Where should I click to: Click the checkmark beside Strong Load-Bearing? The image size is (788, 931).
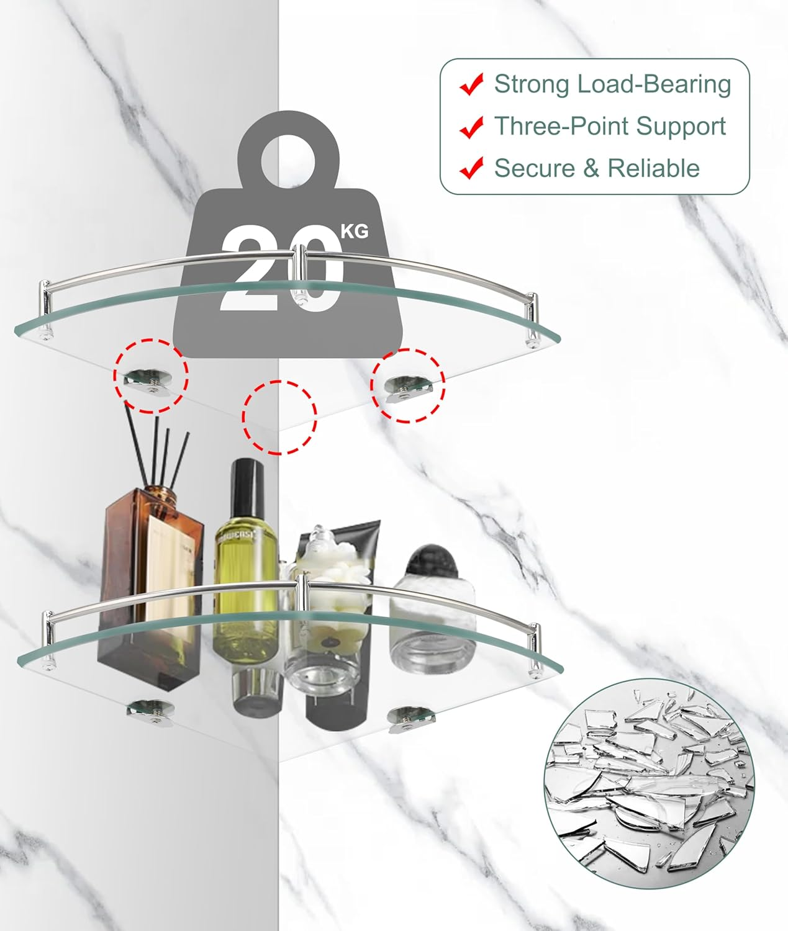pyautogui.click(x=471, y=84)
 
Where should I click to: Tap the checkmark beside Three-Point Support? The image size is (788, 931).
pyautogui.click(x=471, y=127)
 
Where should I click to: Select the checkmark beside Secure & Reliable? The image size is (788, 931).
pyautogui.click(x=471, y=168)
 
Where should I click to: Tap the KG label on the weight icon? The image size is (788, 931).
pyautogui.click(x=355, y=231)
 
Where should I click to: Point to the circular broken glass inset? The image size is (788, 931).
pyautogui.click(x=649, y=784)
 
